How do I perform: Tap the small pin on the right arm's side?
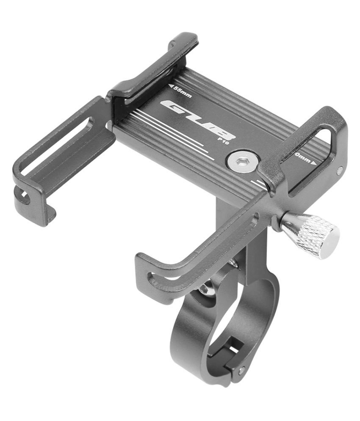click(x=340, y=171)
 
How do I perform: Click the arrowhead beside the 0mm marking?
click(x=314, y=162)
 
